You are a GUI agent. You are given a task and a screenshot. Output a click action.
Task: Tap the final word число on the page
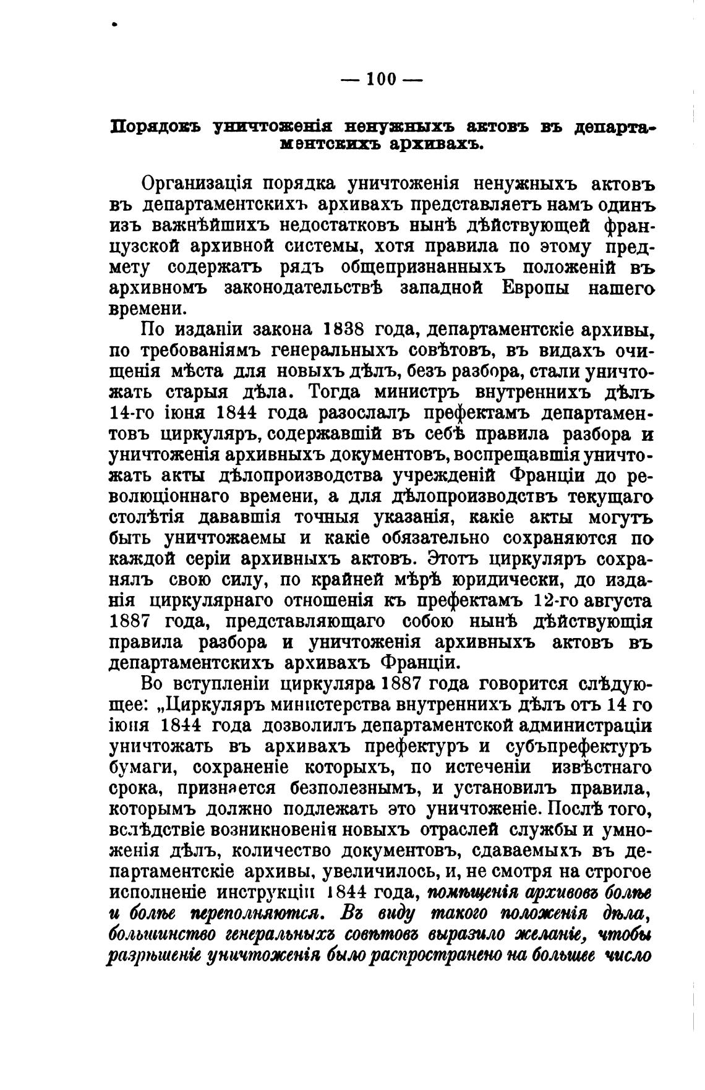[x=627, y=956]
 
